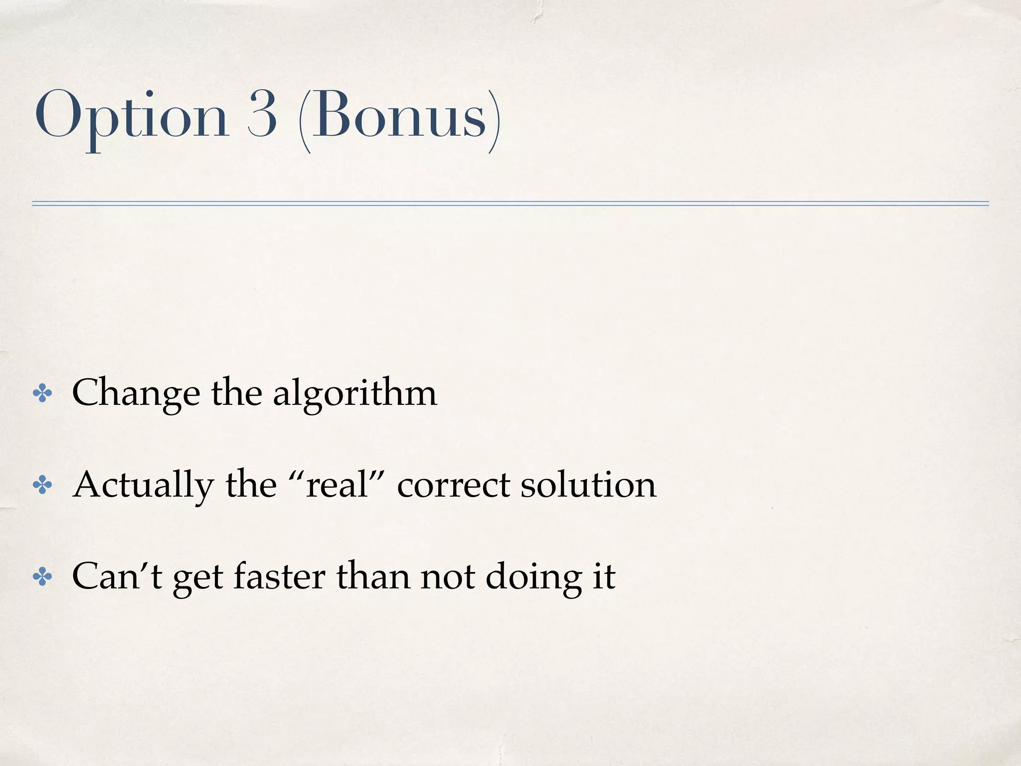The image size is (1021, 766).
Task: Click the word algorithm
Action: [355, 393]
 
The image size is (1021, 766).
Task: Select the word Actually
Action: [143, 486]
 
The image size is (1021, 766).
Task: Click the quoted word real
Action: [337, 485]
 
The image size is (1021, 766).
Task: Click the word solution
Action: [588, 485]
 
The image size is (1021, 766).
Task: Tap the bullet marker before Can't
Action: [42, 577]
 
